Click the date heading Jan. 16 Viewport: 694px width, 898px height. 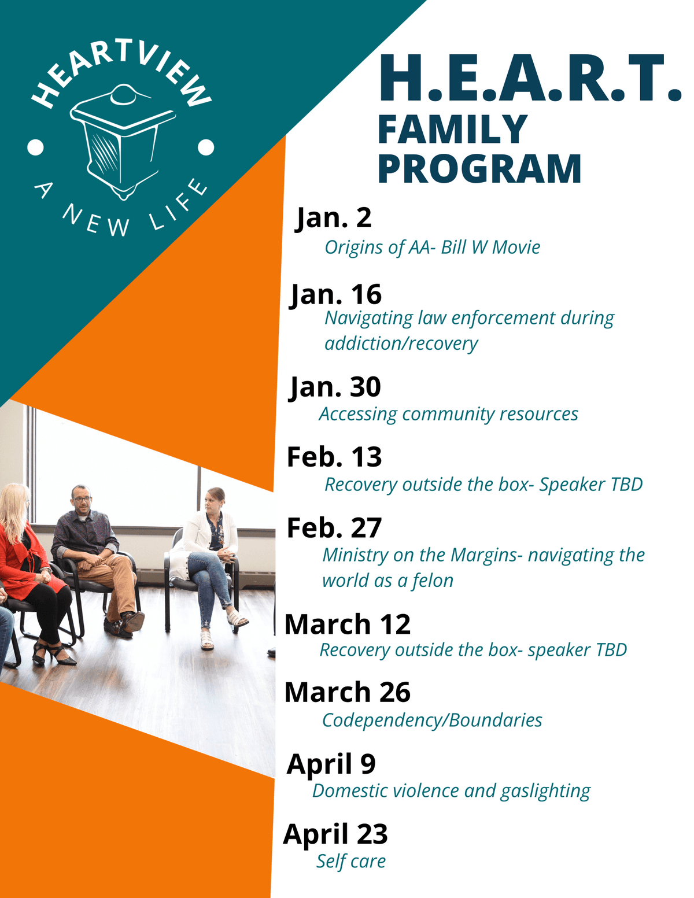(x=335, y=295)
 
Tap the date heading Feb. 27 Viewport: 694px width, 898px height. (x=334, y=528)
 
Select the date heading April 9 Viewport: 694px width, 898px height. (x=331, y=764)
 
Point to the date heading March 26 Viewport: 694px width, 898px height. (x=347, y=692)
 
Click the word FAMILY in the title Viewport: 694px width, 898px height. (x=452, y=130)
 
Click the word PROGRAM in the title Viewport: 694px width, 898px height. (x=479, y=168)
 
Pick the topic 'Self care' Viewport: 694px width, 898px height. (x=351, y=861)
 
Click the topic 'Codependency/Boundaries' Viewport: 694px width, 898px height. (x=432, y=720)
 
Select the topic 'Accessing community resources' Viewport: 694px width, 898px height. (x=448, y=414)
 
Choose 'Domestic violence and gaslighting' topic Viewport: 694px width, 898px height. (x=451, y=791)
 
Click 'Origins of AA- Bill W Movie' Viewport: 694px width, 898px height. (x=433, y=247)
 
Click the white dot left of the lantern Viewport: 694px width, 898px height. (x=35, y=147)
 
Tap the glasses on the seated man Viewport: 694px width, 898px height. (x=83, y=499)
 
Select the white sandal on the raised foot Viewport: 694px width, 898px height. (x=237, y=619)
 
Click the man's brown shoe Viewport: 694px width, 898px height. (x=133, y=621)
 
